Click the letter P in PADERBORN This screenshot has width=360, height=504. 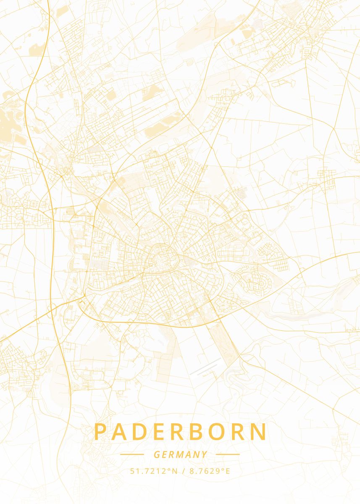click(100, 432)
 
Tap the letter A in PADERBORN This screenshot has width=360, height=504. click(121, 432)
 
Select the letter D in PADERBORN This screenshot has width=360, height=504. click(142, 432)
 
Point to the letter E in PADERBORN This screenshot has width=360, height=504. click(161, 432)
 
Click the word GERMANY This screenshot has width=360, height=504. click(180, 454)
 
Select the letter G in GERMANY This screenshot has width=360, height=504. click(156, 454)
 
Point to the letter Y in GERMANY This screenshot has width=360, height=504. click(204, 454)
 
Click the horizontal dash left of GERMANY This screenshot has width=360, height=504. click(132, 454)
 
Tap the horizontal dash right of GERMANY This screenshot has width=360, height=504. click(228, 454)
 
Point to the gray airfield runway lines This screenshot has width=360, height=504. click(205, 367)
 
